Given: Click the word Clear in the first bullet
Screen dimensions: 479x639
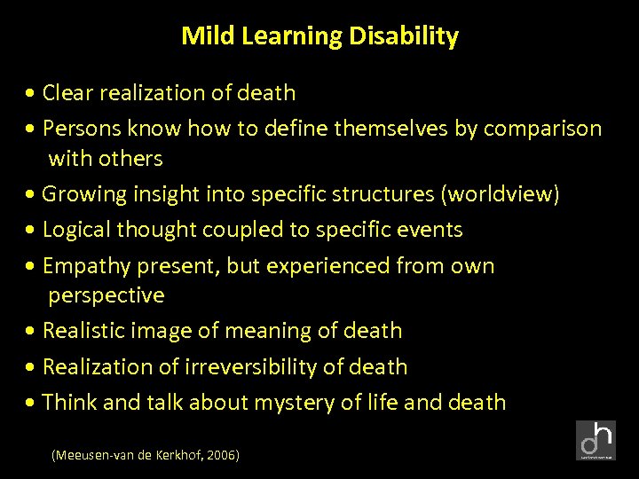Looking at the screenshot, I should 67,93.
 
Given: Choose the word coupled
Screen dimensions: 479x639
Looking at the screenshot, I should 241,230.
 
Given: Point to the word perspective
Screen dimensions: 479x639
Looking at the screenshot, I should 106,294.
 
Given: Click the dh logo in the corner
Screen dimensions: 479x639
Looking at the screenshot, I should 596,441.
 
